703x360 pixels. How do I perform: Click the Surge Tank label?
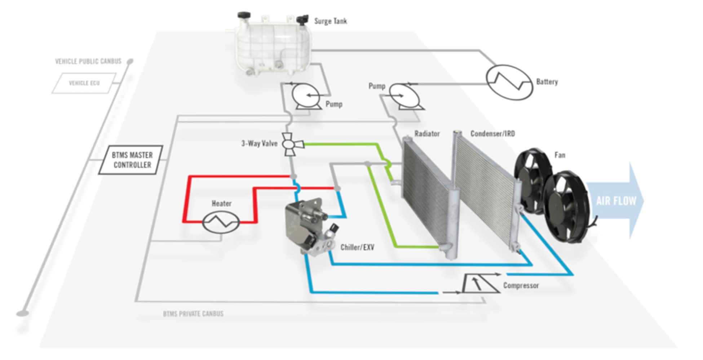click(x=330, y=21)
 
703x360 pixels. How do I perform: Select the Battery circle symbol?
click(x=509, y=82)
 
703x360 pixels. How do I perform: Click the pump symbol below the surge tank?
click(x=306, y=95)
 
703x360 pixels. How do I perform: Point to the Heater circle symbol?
click(x=221, y=222)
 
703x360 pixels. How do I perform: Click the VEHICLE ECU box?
click(x=84, y=83)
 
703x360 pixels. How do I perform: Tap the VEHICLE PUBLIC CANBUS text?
click(x=88, y=61)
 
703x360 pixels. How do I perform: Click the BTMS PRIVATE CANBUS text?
click(x=193, y=314)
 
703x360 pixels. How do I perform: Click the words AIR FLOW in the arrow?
click(x=616, y=201)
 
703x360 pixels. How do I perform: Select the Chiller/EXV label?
click(x=357, y=248)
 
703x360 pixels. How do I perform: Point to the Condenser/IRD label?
click(x=492, y=134)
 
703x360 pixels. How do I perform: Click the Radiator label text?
click(x=427, y=134)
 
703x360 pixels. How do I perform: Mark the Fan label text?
click(x=560, y=155)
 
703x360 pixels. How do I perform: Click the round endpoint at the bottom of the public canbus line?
click(x=22, y=314)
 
